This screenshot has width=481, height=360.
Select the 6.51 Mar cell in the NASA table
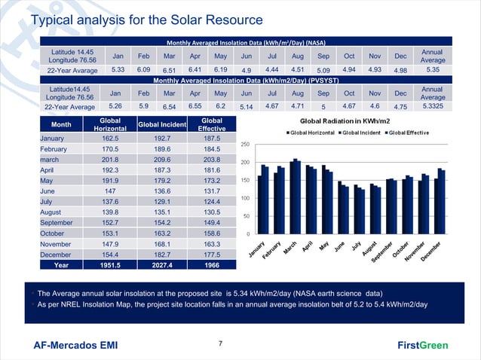click(169, 71)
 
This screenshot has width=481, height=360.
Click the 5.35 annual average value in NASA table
click(432, 70)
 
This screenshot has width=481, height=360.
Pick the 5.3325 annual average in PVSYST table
click(432, 107)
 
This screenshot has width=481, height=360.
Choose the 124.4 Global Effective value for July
click(212, 202)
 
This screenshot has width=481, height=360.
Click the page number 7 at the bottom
click(220, 344)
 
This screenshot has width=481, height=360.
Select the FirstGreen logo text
click(422, 346)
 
